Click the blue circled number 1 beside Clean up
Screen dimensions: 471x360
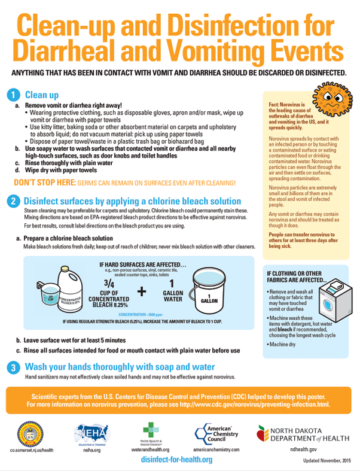click(13, 95)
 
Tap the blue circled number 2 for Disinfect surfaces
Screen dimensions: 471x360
click(13, 201)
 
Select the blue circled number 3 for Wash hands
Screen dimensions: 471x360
click(13, 366)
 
